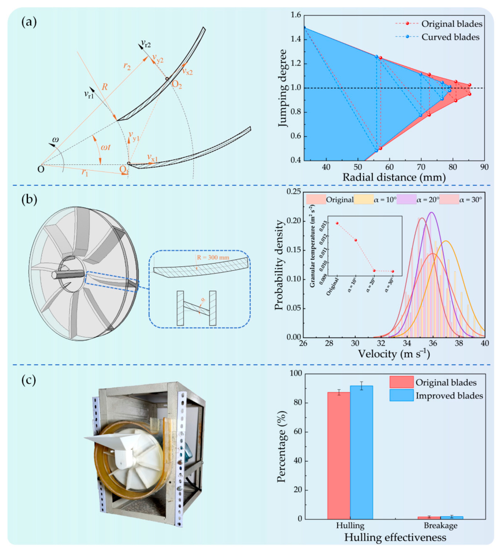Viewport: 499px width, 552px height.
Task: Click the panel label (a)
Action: click(29, 22)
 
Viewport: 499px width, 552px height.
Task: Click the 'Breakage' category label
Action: click(440, 525)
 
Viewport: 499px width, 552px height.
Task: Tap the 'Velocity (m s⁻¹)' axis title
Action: click(394, 354)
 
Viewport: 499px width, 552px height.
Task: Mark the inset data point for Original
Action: click(337, 223)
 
